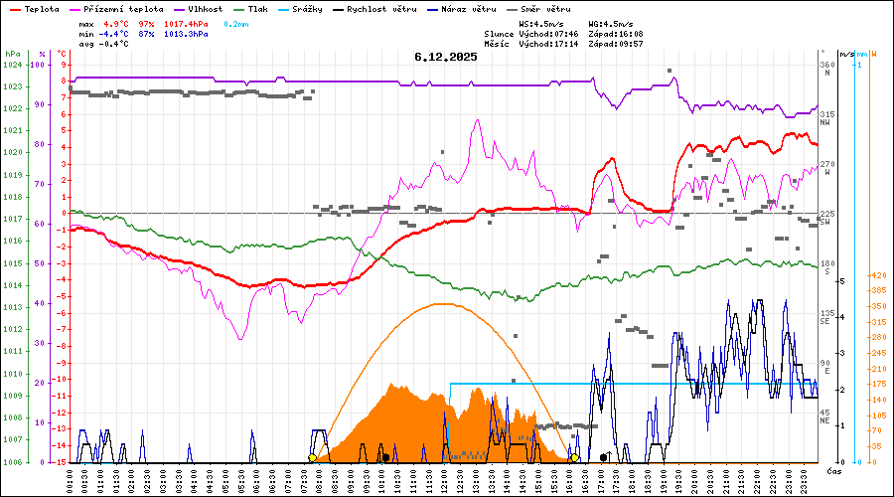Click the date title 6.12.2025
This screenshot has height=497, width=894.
coord(446,57)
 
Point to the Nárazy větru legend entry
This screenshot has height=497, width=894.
coord(472,9)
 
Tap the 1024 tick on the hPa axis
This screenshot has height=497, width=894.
coord(12,65)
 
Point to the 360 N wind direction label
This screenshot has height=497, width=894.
coord(825,70)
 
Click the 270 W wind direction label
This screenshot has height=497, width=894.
coord(825,169)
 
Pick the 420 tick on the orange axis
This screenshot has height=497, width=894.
coord(877,275)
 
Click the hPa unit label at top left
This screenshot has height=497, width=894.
coord(12,54)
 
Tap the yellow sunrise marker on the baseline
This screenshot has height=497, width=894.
coord(312,458)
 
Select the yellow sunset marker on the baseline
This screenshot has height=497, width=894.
coord(574,458)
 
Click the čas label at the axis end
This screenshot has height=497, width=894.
coord(832,469)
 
